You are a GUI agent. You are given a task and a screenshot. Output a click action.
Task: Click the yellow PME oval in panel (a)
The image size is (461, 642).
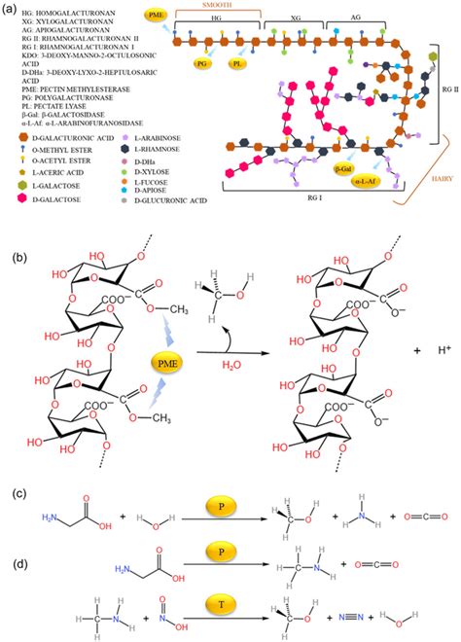156,17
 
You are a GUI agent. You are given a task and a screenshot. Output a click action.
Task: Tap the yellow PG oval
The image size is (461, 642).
203,63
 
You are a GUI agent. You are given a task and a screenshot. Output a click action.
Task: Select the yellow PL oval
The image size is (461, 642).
237,63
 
